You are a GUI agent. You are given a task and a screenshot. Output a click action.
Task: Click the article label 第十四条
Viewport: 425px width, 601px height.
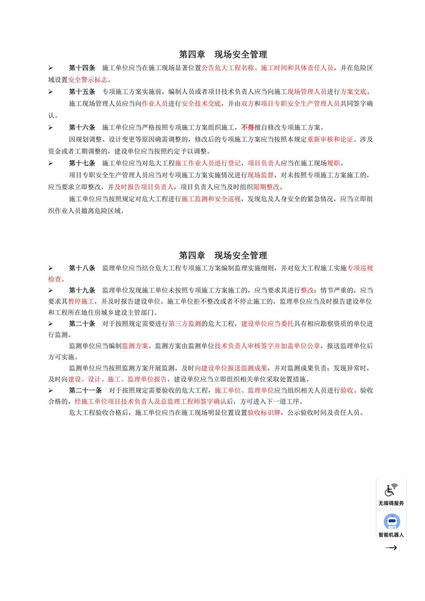pyautogui.click(x=82, y=68)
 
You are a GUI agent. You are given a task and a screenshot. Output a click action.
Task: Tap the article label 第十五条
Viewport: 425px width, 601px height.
pyautogui.click(x=82, y=92)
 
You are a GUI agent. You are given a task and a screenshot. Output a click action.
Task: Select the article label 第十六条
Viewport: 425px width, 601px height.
pyautogui.click(x=82, y=127)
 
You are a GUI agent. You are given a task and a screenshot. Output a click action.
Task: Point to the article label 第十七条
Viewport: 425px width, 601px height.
pyautogui.click(x=82, y=163)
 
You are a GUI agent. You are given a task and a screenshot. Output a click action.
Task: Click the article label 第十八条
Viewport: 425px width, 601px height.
pyautogui.click(x=82, y=268)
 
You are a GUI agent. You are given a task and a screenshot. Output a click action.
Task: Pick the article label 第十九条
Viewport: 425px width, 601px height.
pyautogui.click(x=82, y=290)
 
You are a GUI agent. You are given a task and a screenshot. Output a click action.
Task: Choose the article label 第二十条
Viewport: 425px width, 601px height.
pyautogui.click(x=82, y=324)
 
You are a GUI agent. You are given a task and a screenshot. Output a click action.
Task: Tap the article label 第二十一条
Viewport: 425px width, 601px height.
pyautogui.click(x=85, y=391)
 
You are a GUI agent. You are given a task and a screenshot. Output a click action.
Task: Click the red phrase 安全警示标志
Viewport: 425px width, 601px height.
pyautogui.click(x=88, y=80)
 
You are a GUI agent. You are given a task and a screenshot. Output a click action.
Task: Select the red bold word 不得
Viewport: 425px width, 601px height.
pyautogui.click(x=247, y=127)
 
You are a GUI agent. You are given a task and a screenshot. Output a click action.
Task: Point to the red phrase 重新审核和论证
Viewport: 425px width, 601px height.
pyautogui.click(x=330, y=139)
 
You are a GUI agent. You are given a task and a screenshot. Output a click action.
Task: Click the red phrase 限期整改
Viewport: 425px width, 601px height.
pyautogui.click(x=266, y=187)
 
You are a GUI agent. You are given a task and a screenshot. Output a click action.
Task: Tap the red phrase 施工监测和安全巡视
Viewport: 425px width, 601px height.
pyautogui.click(x=211, y=199)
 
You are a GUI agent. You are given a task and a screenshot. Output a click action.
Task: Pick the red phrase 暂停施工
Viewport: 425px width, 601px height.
pyautogui.click(x=81, y=302)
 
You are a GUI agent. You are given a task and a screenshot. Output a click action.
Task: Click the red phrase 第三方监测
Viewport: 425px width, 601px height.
pyautogui.click(x=184, y=324)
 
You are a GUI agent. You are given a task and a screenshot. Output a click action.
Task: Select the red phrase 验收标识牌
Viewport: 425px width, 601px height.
pyautogui.click(x=264, y=413)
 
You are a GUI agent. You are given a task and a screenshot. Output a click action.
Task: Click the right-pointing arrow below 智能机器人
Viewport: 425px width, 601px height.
pyautogui.click(x=391, y=548)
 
